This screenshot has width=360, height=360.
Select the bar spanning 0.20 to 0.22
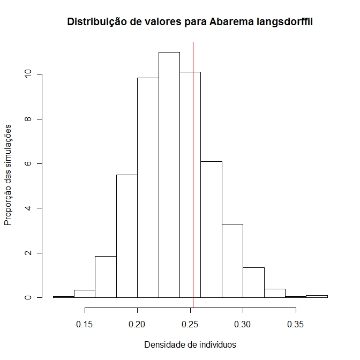pos(148,187)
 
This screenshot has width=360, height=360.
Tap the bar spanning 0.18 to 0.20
pos(127,236)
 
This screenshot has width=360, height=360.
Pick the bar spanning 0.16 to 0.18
pos(106,276)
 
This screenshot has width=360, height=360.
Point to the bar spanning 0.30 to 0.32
pos(253,282)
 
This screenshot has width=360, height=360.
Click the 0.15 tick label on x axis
pos(85,324)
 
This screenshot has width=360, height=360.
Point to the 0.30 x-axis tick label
pos(243,324)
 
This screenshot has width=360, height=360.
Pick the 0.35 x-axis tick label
pos(295,324)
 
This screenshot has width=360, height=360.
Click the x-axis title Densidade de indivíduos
pos(190,344)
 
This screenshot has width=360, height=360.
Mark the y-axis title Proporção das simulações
pos(9,175)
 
